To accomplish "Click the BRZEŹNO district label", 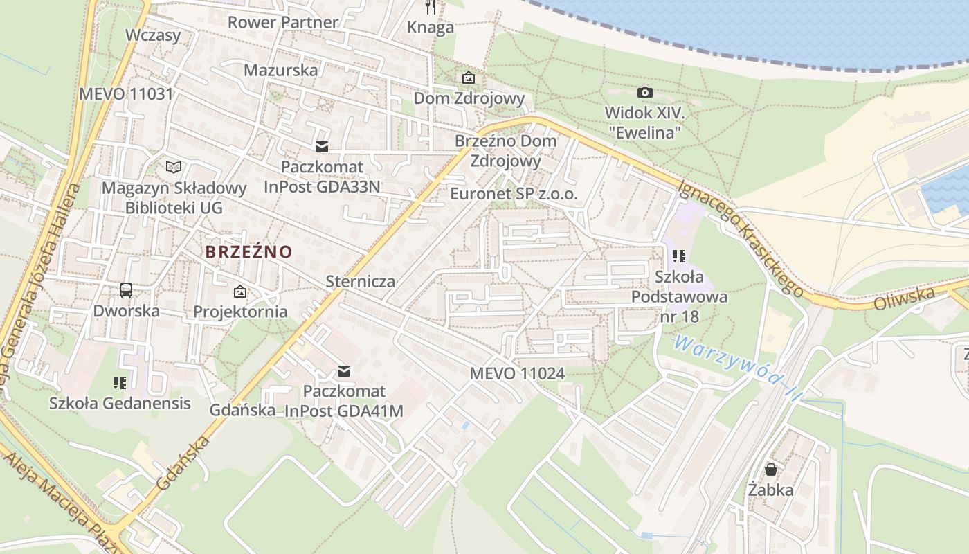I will [249, 252].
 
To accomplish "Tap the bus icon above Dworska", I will [126, 290].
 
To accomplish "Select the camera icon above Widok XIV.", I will [644, 92].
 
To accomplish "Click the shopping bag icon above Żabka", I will [770, 470].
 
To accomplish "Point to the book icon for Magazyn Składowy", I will [174, 167].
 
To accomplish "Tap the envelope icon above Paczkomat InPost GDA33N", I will [322, 147].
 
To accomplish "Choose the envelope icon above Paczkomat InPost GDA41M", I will [343, 372].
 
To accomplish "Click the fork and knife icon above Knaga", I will [431, 8].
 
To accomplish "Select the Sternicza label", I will [361, 281].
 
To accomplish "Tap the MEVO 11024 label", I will [517, 374].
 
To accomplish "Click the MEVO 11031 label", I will [126, 94].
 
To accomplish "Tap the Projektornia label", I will [240, 312].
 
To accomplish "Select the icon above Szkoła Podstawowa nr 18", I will [679, 257].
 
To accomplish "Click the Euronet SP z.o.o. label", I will [514, 194].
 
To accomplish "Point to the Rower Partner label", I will [283, 22].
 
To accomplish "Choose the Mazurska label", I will [281, 70].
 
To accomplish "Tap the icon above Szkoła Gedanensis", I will [119, 382].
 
